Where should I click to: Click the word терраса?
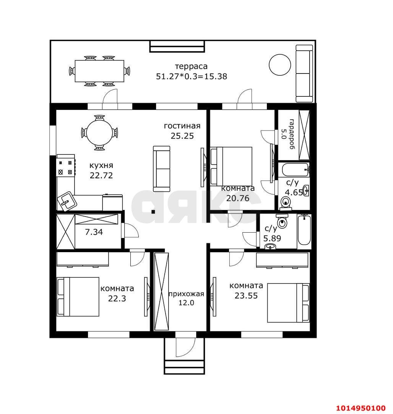tap(191, 66)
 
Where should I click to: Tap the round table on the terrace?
tap(280, 65)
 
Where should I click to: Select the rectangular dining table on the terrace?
tap(99, 71)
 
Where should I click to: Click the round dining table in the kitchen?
tap(99, 132)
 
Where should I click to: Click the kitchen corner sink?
tap(67, 202)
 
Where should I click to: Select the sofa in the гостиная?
tap(162, 169)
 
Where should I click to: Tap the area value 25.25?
tap(182, 136)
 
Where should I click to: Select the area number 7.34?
tap(94, 232)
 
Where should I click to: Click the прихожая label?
tap(186, 294)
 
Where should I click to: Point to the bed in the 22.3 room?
tap(78, 297)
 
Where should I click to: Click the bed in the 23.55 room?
tap(288, 303)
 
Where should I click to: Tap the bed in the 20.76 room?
tap(231, 166)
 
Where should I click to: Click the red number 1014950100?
tap(361, 408)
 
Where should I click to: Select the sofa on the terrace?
tap(304, 73)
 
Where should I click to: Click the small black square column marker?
tap(153, 211)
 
